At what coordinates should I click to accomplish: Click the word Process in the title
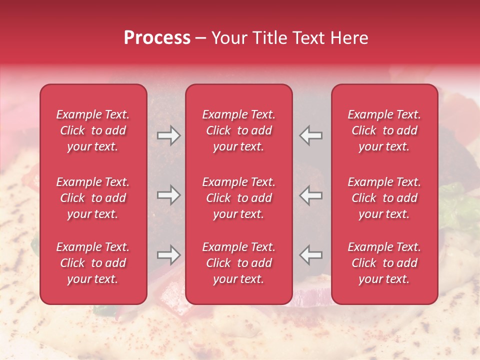157,38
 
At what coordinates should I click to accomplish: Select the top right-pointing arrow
168,135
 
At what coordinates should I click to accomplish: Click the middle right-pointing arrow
168,195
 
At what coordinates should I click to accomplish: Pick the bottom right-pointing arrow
168,255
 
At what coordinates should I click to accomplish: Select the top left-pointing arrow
311,135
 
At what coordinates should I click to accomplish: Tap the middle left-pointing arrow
311,195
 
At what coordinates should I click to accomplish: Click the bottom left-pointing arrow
311,255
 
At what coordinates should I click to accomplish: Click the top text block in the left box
93,130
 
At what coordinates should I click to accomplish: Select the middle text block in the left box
93,198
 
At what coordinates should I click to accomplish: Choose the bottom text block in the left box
93,263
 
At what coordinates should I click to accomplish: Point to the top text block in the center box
238,130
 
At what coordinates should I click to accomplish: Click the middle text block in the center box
238,198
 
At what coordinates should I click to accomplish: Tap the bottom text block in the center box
238,263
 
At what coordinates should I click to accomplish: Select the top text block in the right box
384,130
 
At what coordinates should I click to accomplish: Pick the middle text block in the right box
384,198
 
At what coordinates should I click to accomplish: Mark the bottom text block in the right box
384,263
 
